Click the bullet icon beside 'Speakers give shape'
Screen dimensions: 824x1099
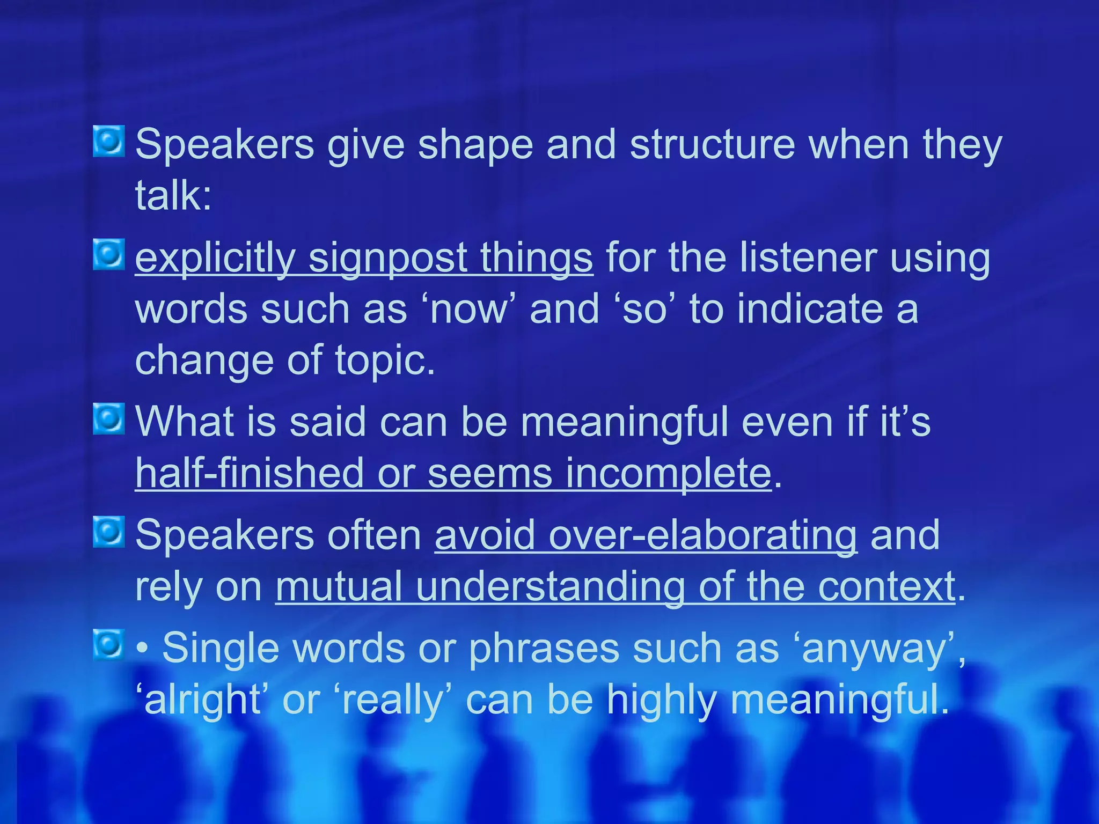click(x=109, y=142)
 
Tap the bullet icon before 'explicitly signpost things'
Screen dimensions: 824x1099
click(x=109, y=255)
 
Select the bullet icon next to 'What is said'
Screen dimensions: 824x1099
click(x=109, y=419)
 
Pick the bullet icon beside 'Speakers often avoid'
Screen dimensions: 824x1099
click(x=109, y=532)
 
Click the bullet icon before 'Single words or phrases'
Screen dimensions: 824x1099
click(x=109, y=644)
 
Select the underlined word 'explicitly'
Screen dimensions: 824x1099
click(x=215, y=259)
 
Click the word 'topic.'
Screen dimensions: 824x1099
click(x=385, y=360)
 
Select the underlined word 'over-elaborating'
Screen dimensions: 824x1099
click(x=646, y=535)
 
